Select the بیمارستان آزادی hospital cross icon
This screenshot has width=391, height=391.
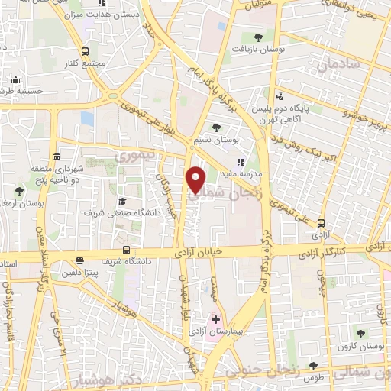tap(215, 319)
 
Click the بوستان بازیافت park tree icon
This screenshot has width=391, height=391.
tap(257, 37)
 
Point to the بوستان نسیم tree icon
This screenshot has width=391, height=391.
tap(217, 128)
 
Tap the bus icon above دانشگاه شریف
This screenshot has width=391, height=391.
tap(125, 250)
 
